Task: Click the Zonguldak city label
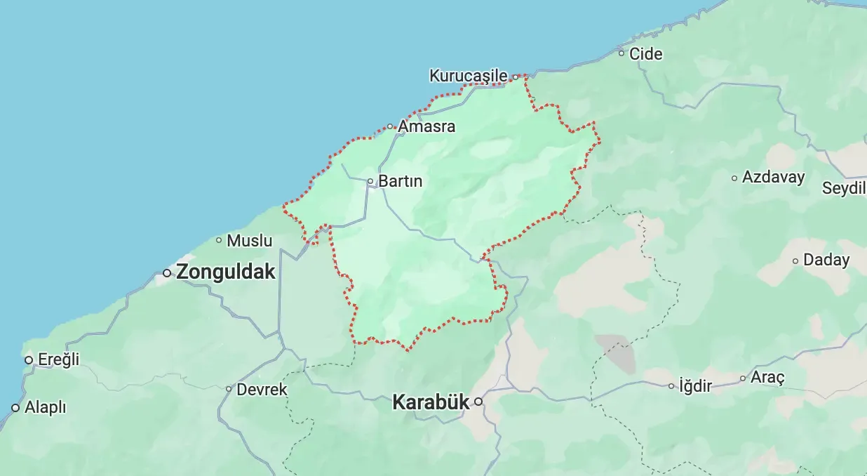226,272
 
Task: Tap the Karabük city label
430,402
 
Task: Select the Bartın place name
401,181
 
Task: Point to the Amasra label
426,127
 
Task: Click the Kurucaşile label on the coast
469,75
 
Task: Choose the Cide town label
645,53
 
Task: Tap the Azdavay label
773,177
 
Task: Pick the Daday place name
826,260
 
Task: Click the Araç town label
767,378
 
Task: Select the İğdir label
695,385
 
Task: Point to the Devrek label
262,389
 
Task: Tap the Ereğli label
58,359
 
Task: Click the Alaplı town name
45,407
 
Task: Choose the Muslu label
250,240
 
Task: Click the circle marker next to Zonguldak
167,272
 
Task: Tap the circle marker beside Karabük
478,402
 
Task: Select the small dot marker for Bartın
370,181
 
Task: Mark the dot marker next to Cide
621,53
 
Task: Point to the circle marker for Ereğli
29,360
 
